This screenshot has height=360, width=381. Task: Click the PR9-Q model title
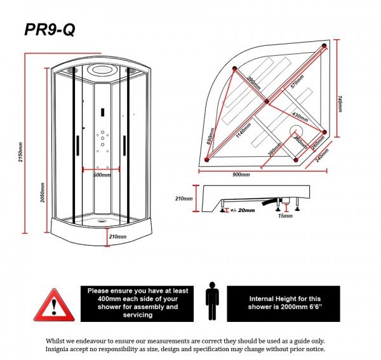pyautogui.click(x=50, y=30)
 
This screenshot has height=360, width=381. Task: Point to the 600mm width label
pyautogui.click(x=102, y=174)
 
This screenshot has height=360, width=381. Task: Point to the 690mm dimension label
pyautogui.click(x=211, y=136)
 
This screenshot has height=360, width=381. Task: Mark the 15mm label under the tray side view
pyautogui.click(x=285, y=216)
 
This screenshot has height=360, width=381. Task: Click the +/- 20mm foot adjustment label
pyautogui.click(x=242, y=210)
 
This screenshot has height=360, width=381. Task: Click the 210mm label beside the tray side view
pyautogui.click(x=184, y=198)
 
